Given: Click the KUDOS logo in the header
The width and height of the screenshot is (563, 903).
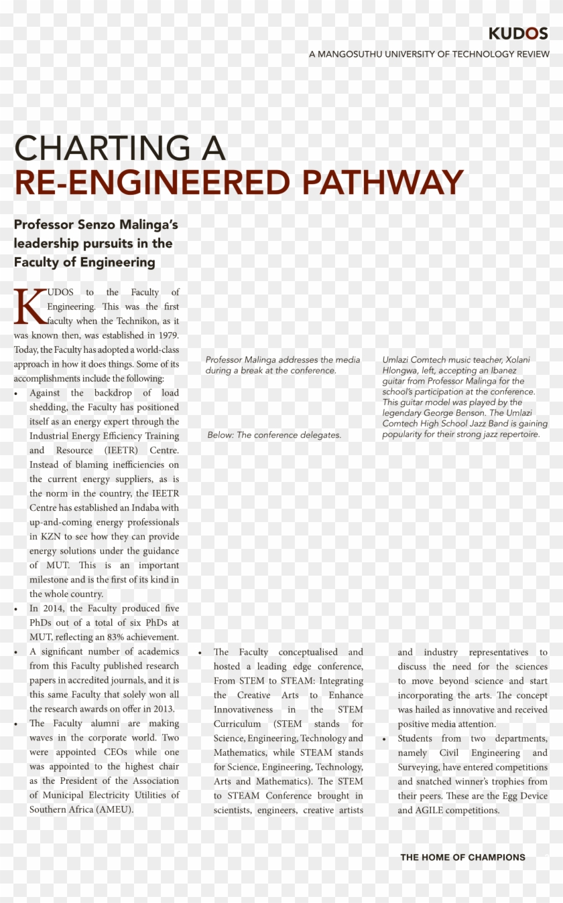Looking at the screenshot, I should click(x=518, y=33).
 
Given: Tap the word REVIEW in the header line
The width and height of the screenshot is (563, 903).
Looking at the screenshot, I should click(x=529, y=54).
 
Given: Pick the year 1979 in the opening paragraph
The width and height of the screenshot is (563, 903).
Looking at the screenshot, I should click(x=168, y=335).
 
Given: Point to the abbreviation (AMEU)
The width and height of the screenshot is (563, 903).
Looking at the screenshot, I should click(x=115, y=809).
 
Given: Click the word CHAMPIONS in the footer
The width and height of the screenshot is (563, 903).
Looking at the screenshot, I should click(x=497, y=857).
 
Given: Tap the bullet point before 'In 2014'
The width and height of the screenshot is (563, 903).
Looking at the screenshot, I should click(x=17, y=609).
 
